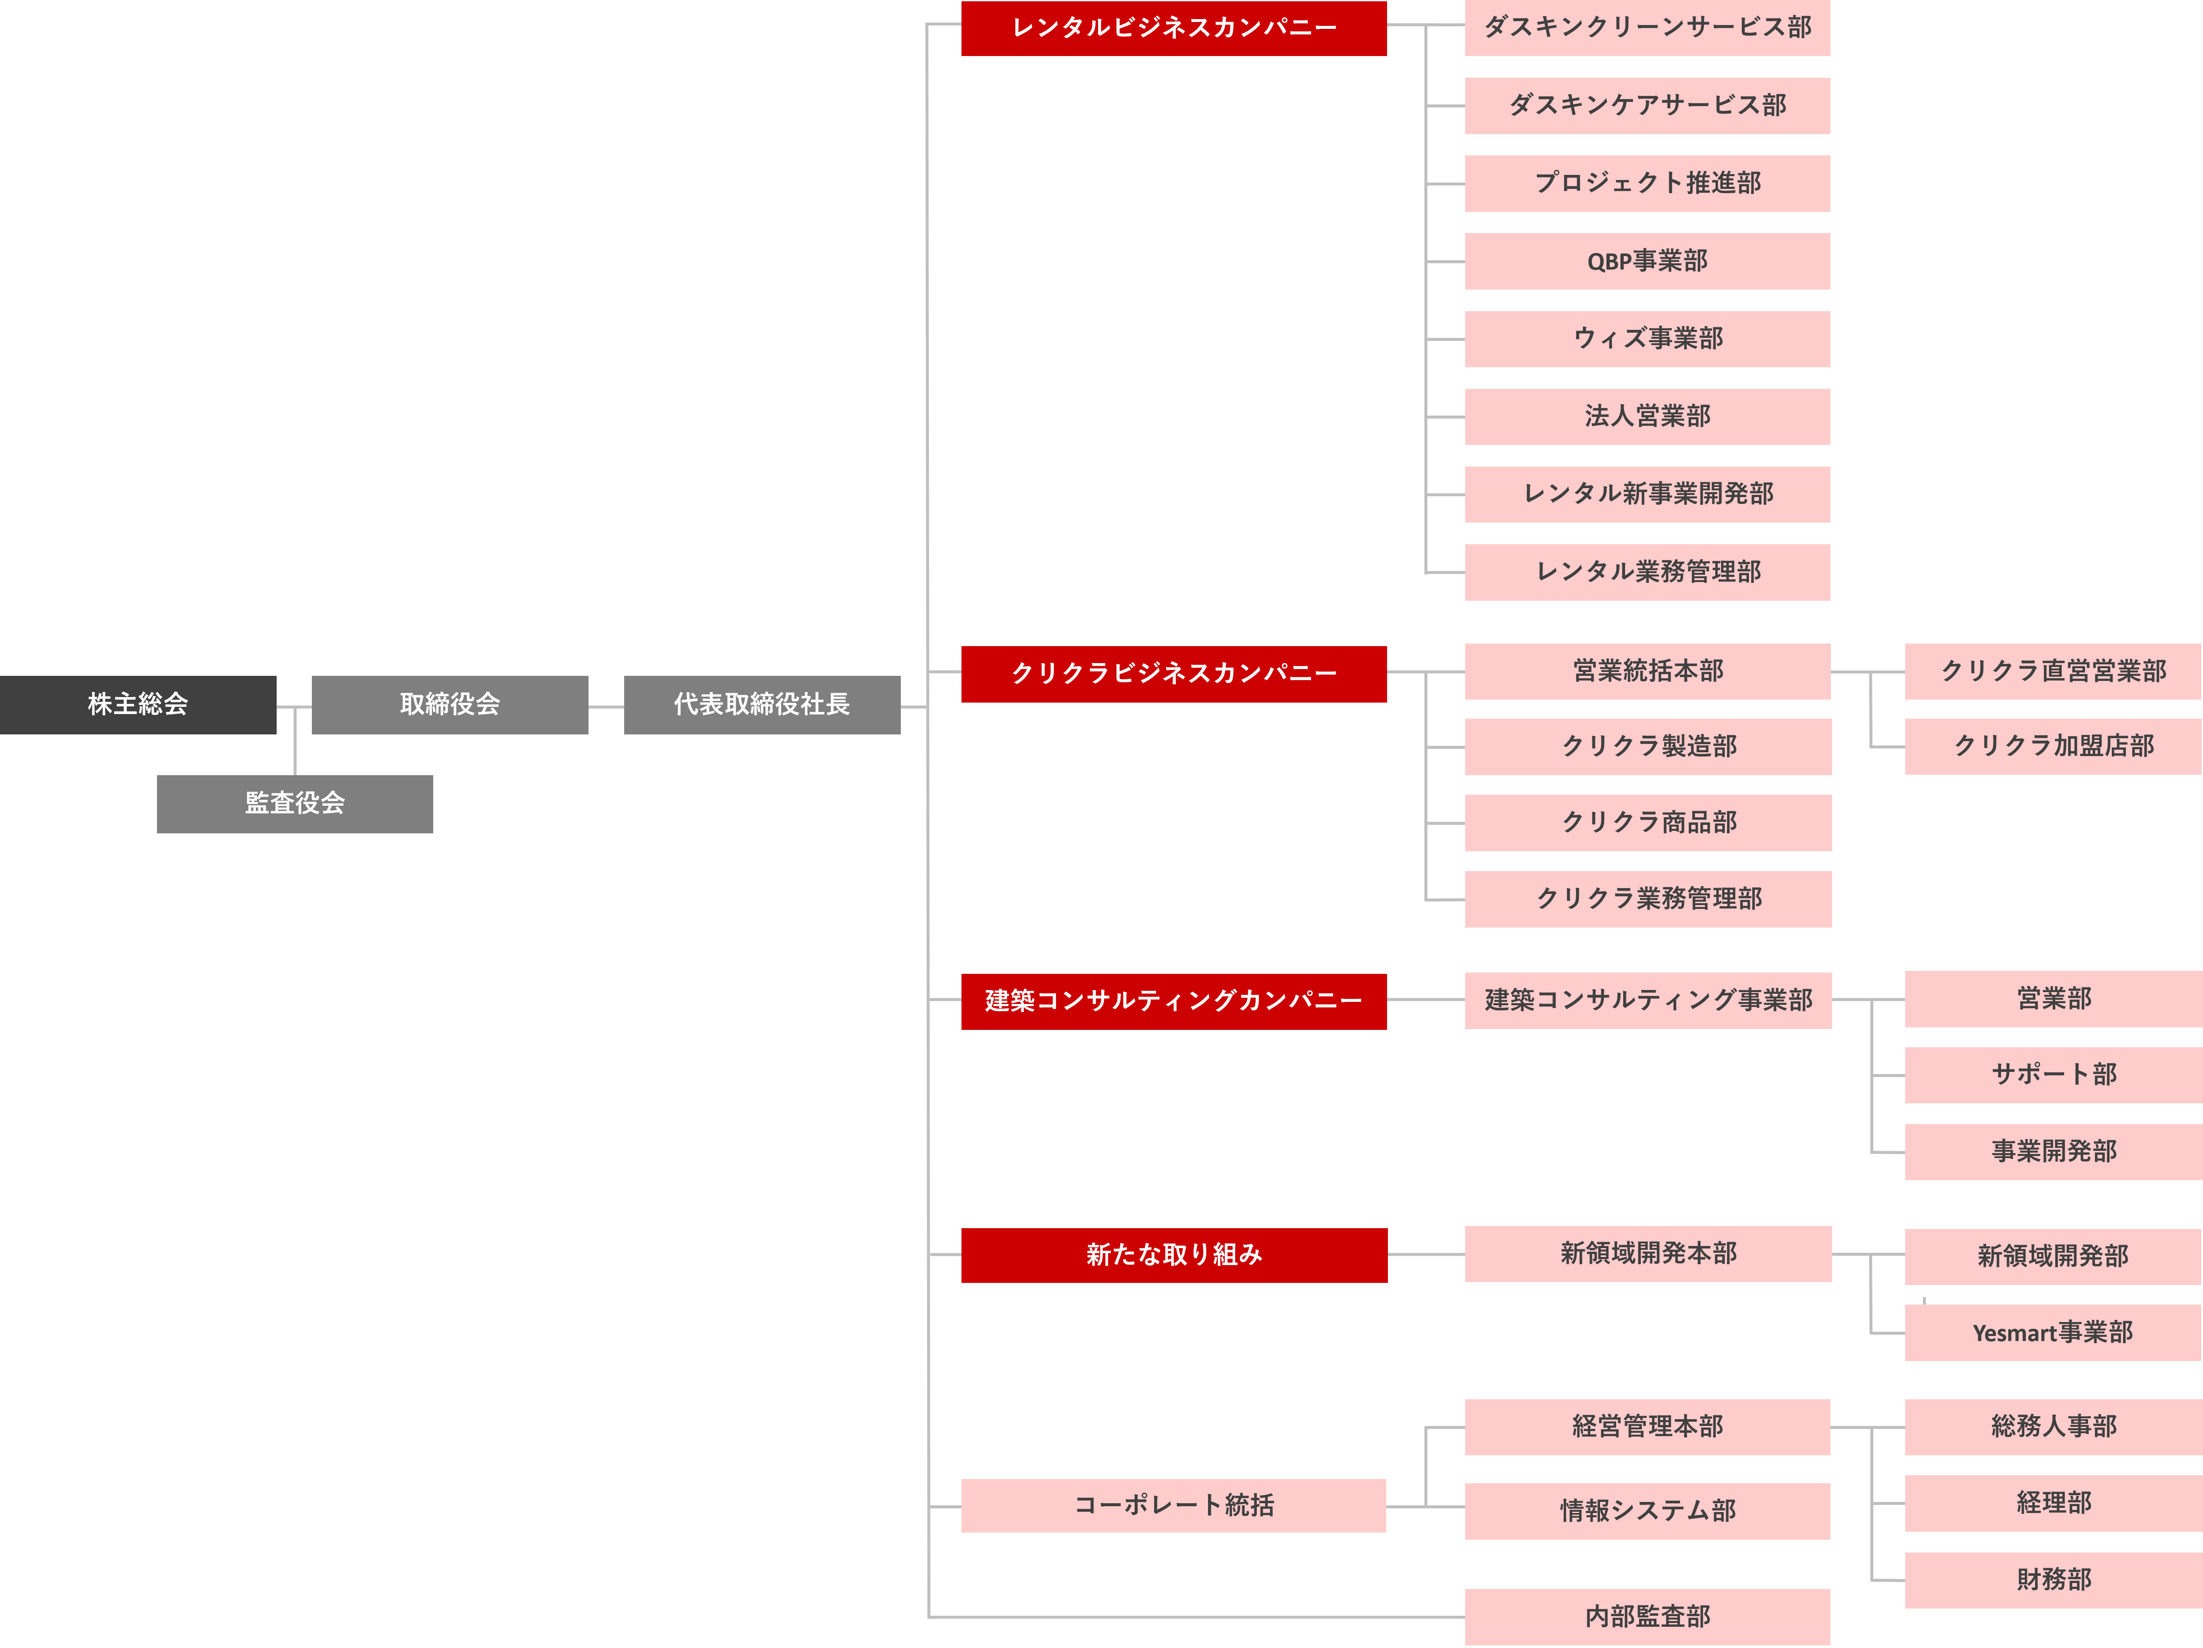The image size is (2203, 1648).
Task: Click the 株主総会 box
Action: [x=137, y=704]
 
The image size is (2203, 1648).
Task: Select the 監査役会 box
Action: [x=295, y=803]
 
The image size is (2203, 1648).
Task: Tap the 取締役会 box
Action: [x=449, y=704]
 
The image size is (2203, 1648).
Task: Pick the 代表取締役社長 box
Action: [x=762, y=704]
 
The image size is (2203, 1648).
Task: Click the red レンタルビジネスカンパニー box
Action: [x=1173, y=28]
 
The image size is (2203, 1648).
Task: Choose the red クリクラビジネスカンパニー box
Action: [x=1173, y=674]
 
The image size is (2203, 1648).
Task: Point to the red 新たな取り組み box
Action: [x=1173, y=1254]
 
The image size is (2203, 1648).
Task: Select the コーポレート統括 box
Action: [x=1173, y=1505]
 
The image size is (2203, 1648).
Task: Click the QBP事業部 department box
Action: [x=1647, y=261]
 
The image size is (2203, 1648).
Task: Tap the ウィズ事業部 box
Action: [x=1647, y=339]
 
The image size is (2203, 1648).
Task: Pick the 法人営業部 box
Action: [x=1647, y=416]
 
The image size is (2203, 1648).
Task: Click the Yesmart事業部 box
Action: [x=2053, y=1333]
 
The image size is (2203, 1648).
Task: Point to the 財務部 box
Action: [x=2053, y=1579]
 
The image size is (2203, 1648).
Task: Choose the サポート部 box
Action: [x=2053, y=1074]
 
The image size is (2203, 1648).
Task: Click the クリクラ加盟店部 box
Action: [x=2053, y=746]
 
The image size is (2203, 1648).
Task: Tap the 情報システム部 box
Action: [x=1647, y=1510]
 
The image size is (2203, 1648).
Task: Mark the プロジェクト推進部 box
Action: [x=1647, y=183]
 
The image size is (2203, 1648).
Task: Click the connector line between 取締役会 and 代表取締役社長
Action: [x=605, y=706]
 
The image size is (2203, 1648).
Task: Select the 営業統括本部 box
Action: [x=1647, y=672]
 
